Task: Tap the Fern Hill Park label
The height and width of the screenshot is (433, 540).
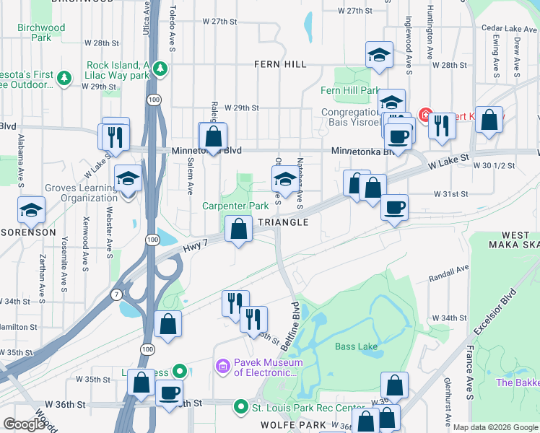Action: coord(350,91)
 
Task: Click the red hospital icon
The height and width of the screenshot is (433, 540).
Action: coord(425,115)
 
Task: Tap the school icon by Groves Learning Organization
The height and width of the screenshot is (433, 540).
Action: coord(128,178)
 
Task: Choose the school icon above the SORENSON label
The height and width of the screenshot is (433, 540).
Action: coord(32,209)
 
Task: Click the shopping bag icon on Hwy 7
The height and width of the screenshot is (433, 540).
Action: coord(238,229)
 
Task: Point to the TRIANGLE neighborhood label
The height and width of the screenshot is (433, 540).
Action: coord(283,222)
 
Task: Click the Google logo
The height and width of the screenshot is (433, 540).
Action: coord(24,424)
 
